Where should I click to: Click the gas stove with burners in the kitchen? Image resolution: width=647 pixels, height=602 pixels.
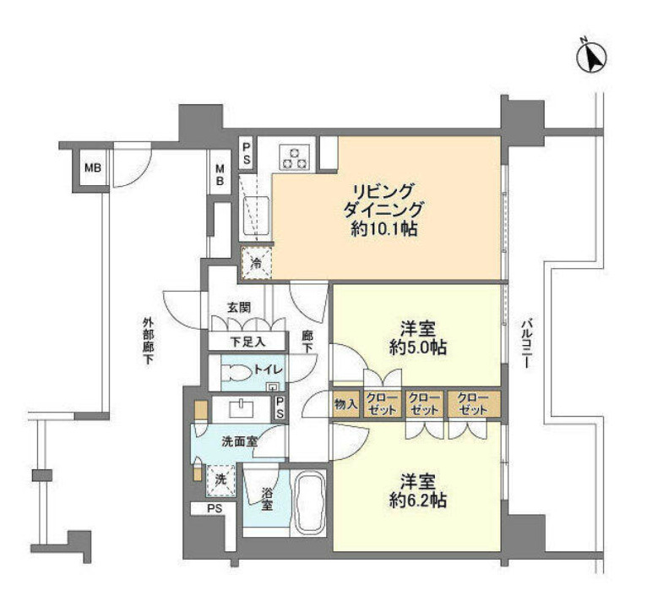pos(296,157)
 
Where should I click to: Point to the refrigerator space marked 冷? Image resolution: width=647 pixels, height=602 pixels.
pos(256,263)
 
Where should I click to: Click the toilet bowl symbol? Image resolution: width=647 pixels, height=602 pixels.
pos(238,369)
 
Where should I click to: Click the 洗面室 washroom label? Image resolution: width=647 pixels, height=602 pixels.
pos(239,441)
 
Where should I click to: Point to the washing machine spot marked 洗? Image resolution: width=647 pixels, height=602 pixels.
pos(220,479)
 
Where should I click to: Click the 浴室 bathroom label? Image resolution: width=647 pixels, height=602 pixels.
pos(267,501)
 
